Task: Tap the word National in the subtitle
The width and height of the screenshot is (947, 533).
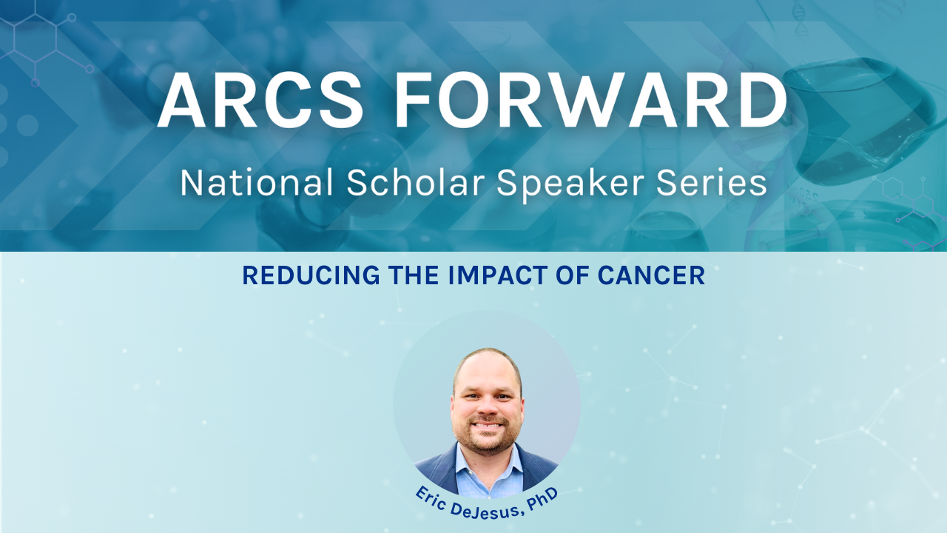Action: click(x=257, y=183)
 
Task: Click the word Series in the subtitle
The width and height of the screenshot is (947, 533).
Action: click(x=712, y=183)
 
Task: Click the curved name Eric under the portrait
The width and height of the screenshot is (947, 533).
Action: click(x=434, y=500)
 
